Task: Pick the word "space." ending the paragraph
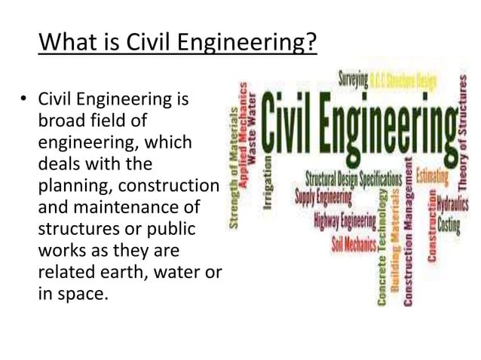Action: (x=82, y=292)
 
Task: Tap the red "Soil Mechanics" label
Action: (x=355, y=246)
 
